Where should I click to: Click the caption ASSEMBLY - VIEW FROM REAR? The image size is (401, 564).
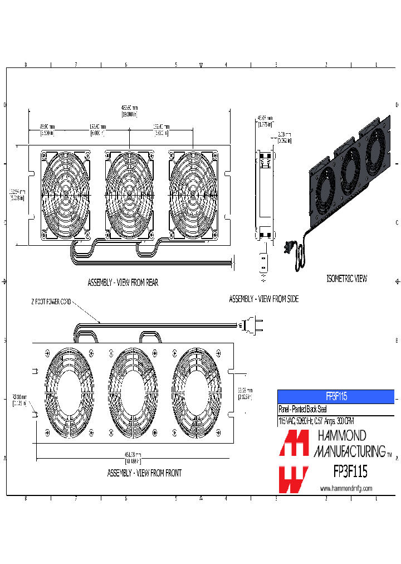(123, 283)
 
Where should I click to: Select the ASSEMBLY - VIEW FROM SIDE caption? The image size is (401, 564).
(263, 299)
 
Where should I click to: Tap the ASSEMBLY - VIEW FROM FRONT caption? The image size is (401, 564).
(144, 473)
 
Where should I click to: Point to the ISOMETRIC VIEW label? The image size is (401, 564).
(346, 278)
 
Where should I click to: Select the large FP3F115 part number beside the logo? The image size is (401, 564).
(350, 472)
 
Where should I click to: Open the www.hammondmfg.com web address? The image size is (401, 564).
(346, 489)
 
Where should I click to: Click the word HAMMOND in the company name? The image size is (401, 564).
(341, 435)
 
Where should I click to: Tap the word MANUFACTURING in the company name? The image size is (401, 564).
(349, 451)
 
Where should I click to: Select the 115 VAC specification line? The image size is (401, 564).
(316, 421)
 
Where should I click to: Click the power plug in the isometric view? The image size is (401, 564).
(288, 247)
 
